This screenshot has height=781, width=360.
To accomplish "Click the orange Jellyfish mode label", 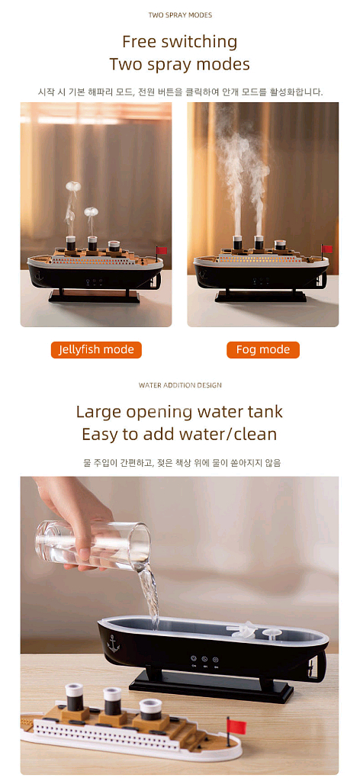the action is [96, 349].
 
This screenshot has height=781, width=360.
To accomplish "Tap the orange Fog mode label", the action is [263, 349].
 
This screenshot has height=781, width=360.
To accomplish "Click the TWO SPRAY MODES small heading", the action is [180, 15].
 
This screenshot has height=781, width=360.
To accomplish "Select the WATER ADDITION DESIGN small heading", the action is [180, 385].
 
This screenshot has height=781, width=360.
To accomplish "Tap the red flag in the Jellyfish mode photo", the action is [162, 249].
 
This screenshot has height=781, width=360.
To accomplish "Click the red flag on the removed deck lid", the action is [236, 726].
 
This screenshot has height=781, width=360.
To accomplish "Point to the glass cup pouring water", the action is [93, 545].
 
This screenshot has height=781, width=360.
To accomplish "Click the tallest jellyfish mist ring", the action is [73, 186].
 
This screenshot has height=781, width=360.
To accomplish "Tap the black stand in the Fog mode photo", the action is [261, 297].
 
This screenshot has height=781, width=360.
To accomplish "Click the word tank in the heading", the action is [263, 413].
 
